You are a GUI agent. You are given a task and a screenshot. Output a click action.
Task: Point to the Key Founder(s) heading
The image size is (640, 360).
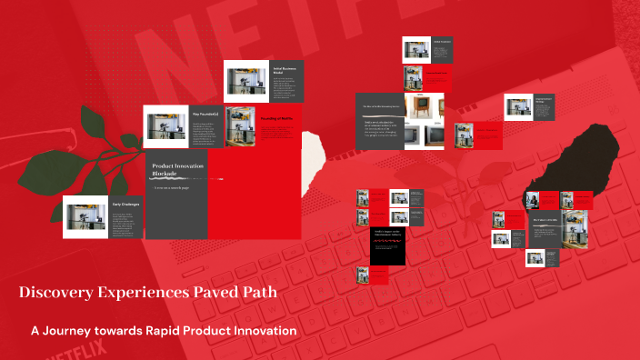point(204,114)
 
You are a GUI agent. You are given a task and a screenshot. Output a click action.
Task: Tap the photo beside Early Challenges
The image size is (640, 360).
point(85,216)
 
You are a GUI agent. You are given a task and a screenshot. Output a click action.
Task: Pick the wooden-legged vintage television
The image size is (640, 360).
point(422,106)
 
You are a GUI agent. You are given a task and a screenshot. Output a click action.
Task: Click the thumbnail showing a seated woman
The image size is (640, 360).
point(531,200)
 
